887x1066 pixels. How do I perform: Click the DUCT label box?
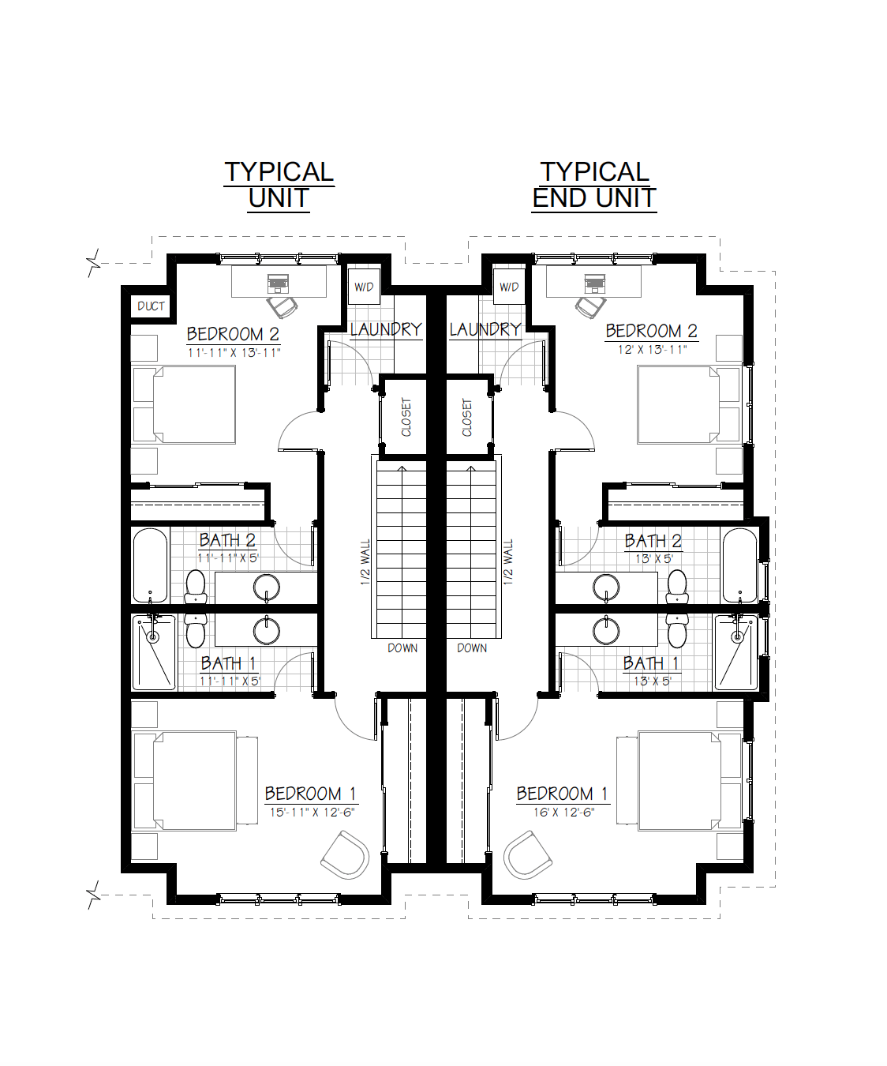click(151, 306)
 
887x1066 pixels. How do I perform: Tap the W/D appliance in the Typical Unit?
click(364, 287)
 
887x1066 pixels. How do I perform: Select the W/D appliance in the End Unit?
click(509, 287)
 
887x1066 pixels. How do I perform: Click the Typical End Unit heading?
click(594, 186)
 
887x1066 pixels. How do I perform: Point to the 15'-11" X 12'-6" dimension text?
click(313, 813)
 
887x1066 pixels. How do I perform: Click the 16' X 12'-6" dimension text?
click(564, 813)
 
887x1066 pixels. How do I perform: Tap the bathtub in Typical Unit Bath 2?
click(151, 565)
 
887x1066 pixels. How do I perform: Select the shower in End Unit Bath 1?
click(736, 652)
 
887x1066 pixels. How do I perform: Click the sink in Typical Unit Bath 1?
click(267, 630)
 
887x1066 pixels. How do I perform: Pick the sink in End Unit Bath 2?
click(606, 587)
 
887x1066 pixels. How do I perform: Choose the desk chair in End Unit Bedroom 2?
click(590, 307)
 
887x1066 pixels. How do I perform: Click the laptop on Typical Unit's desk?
click(278, 283)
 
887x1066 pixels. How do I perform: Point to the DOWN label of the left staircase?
click(402, 648)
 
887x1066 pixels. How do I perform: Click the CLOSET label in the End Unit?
click(466, 417)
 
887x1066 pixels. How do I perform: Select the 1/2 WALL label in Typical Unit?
click(365, 562)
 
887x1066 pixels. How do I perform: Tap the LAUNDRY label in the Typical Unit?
click(387, 330)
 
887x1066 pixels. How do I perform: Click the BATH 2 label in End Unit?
click(653, 541)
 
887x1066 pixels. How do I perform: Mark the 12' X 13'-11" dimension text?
click(653, 350)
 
